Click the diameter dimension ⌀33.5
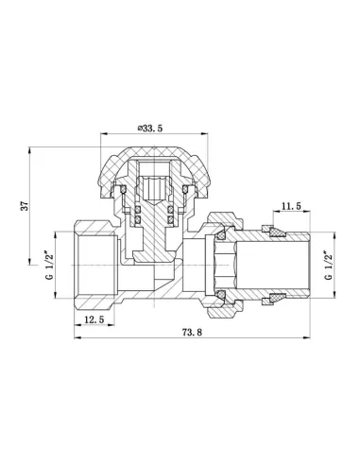[151, 127]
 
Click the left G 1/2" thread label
[48, 259]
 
